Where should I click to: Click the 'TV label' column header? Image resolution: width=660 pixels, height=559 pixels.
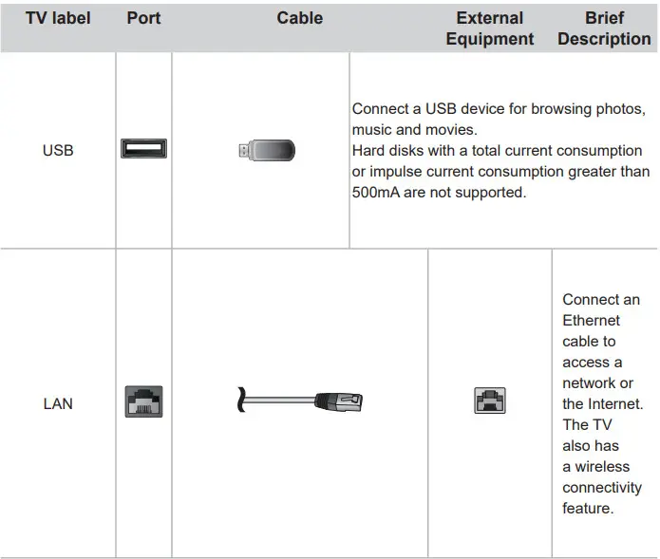point(58,18)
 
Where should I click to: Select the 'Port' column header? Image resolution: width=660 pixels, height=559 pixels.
point(143,18)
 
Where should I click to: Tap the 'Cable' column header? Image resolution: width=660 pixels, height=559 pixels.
point(299,18)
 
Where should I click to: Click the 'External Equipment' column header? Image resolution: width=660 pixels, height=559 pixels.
point(489,28)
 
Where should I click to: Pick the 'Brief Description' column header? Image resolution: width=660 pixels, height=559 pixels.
point(604,28)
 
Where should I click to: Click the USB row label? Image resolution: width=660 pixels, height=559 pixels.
point(58,150)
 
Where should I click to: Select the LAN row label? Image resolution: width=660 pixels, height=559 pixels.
point(58,403)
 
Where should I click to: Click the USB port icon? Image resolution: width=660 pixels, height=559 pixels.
point(143,149)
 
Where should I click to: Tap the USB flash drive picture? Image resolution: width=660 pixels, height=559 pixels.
point(267,150)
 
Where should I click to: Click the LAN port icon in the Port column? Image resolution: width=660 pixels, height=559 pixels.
point(143,401)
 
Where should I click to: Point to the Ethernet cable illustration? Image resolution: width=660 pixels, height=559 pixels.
point(299,401)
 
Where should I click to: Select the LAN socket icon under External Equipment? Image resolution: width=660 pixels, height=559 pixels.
point(489,401)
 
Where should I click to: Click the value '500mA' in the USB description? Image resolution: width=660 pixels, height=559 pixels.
point(373,193)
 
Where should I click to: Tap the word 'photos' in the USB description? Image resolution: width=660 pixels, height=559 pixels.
point(620,109)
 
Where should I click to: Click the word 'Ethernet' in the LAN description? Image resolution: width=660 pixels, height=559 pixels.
point(591,321)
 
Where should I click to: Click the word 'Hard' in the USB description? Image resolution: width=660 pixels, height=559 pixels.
point(368,151)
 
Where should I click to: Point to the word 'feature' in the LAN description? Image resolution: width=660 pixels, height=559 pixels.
point(587,509)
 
